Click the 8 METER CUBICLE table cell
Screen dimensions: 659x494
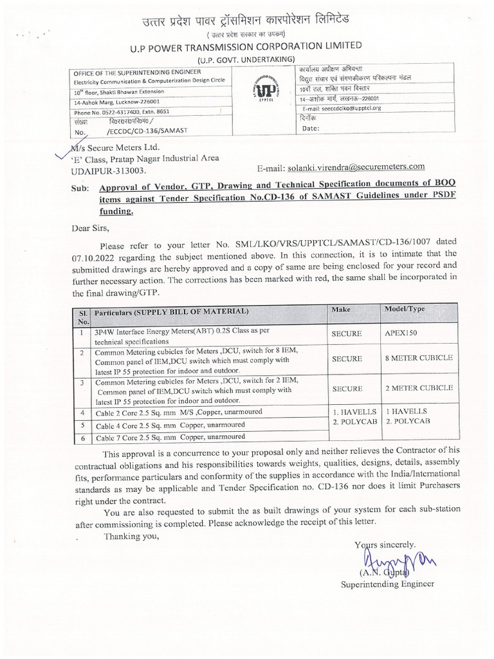419,358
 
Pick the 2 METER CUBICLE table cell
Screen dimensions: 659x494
419,388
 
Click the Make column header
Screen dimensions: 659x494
341,310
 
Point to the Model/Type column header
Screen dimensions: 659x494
405,310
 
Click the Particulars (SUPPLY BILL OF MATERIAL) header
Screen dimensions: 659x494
171,311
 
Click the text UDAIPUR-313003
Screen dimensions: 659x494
108,171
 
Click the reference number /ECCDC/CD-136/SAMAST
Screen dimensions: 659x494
147,131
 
